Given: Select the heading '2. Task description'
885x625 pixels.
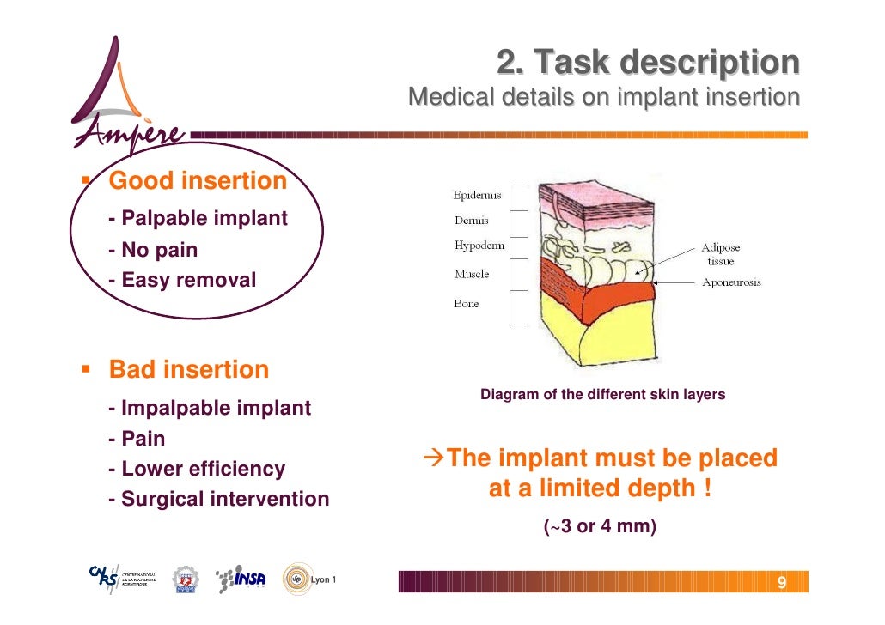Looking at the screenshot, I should point(648,62).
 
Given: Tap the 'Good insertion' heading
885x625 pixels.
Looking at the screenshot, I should point(198,181).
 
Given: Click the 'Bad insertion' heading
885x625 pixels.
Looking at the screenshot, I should point(188,370).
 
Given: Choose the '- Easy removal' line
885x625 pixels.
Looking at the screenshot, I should point(182,280).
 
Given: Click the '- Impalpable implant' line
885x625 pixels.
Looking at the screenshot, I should point(210,408).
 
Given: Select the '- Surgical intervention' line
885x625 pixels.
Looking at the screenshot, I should point(218,499).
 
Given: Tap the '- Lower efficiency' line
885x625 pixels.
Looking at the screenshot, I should point(197,469).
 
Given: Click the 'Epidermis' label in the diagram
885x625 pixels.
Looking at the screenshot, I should point(478,195).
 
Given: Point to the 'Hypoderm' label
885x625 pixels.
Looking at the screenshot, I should point(479,246).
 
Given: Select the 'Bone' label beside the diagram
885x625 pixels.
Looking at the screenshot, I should point(467,304).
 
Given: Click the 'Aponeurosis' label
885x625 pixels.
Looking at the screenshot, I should point(731,282).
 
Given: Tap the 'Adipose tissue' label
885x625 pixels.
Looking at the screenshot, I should point(720,254).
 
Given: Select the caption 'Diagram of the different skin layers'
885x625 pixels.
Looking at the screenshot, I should point(602,395).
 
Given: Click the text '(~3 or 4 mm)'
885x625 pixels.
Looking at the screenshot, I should point(601,526).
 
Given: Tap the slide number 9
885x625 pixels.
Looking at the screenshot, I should point(781,584).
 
